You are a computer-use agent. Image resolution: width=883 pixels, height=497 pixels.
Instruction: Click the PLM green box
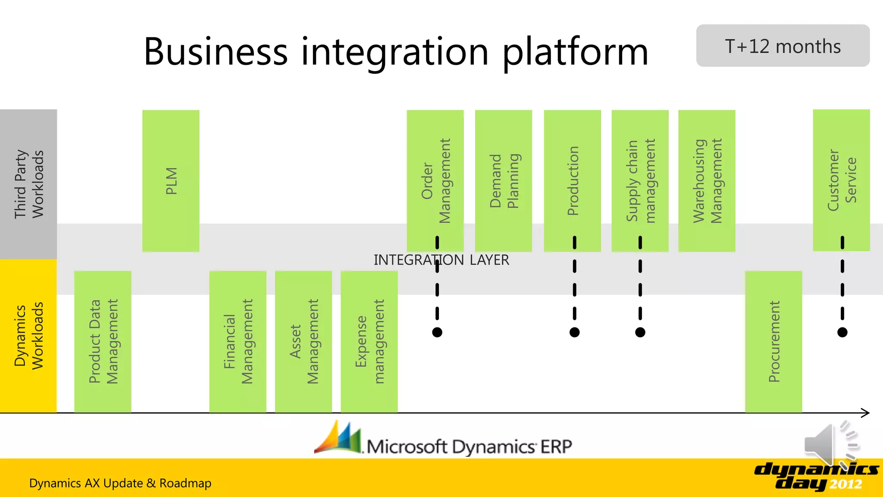[171, 181]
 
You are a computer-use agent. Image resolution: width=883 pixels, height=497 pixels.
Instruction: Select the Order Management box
[435, 181]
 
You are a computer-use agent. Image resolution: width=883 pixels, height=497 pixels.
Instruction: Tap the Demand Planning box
[503, 181]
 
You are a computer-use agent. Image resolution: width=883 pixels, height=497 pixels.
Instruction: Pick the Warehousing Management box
[707, 181]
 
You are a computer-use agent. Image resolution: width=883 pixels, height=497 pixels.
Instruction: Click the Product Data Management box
[103, 341]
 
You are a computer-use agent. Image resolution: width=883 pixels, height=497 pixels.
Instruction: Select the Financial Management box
[238, 341]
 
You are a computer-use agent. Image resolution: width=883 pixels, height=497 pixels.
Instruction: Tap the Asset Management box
[304, 341]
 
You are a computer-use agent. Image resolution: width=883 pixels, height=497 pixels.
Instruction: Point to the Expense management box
[369, 341]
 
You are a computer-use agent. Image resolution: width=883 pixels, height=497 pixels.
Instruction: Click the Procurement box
[773, 341]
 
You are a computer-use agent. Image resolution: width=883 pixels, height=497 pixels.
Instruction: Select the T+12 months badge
[783, 46]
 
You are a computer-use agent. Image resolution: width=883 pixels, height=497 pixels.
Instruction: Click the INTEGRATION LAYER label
[441, 260]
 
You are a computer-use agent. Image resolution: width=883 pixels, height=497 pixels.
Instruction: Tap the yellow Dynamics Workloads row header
[28, 336]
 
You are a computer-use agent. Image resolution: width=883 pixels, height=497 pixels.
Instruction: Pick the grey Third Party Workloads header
[28, 184]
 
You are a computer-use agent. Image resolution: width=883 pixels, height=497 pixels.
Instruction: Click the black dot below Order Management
[437, 332]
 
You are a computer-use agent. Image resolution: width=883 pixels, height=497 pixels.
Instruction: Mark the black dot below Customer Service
[842, 332]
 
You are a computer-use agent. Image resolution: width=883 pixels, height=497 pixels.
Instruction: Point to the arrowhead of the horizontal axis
[866, 413]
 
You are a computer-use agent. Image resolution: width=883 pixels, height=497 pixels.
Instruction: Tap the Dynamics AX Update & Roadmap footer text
[120, 483]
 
